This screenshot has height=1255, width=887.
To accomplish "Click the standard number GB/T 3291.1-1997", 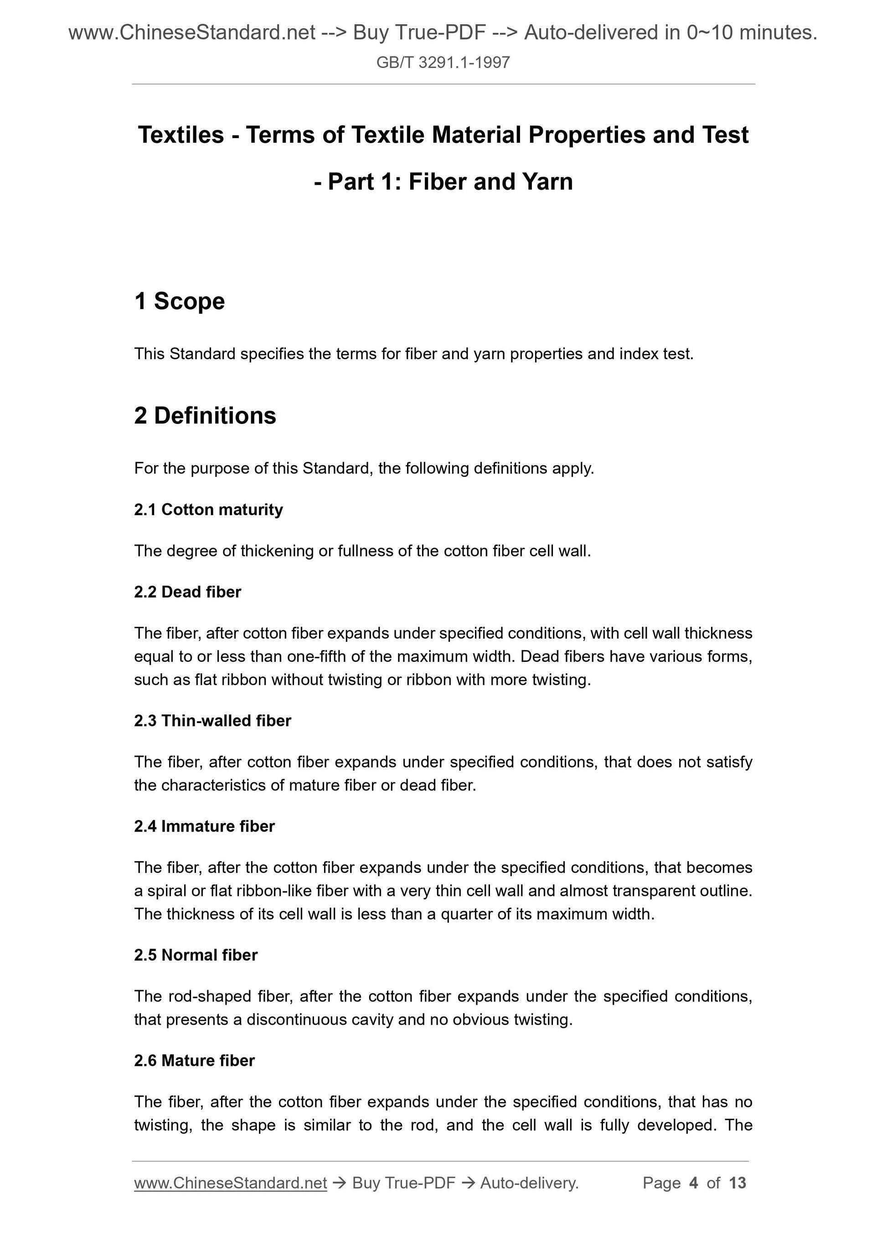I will (x=443, y=63).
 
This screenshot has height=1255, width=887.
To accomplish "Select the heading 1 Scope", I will (x=179, y=301).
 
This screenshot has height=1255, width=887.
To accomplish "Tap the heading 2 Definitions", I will (x=205, y=415).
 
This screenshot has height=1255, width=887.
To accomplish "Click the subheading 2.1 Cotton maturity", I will (x=208, y=510).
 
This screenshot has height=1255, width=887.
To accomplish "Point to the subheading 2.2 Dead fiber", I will (x=187, y=592).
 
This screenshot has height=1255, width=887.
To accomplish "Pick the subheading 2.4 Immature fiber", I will (x=204, y=826).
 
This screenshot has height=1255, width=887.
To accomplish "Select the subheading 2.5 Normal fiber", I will (x=196, y=955).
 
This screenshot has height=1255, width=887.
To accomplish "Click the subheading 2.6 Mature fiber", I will (x=195, y=1060).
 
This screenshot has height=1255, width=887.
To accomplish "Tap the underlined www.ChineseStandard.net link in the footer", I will (x=230, y=1183).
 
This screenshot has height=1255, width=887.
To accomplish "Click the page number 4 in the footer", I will (x=694, y=1183).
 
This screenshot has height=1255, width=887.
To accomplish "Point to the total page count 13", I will (x=737, y=1183).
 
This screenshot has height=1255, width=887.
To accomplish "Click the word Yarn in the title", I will (x=547, y=182).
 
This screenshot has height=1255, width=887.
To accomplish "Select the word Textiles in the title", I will (x=181, y=135).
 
